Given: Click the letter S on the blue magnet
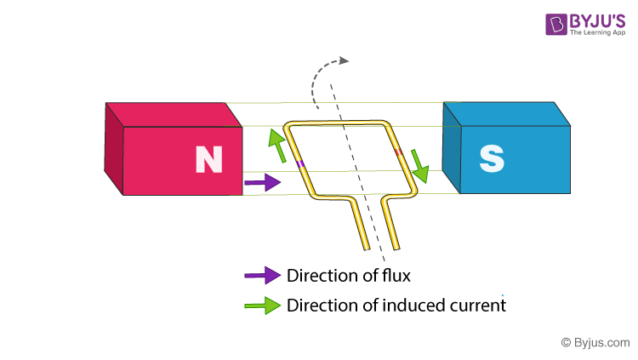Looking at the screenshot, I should click(x=492, y=158).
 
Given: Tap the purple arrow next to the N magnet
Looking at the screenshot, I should click(x=262, y=181).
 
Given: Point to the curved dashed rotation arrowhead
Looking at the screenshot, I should click(x=343, y=60).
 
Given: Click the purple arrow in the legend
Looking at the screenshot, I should click(x=262, y=275).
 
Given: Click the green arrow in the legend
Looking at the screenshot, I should click(x=262, y=305).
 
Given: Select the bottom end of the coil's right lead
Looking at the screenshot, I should click(x=395, y=249).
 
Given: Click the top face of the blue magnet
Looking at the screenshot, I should click(x=506, y=114).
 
